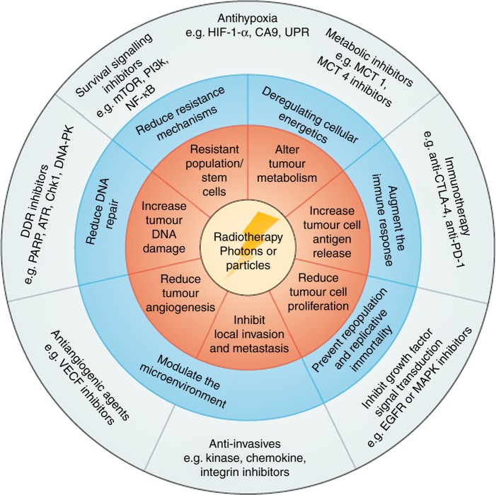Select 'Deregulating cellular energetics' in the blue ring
click(308, 112)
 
